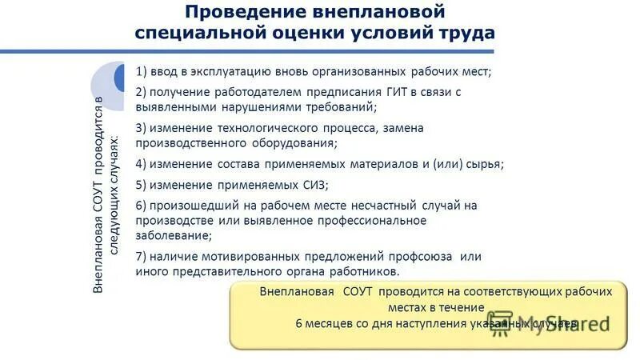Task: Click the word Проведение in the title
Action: [234, 13]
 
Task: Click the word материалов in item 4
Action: [387, 164]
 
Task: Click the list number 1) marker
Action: [142, 71]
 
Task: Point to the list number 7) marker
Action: [142, 256]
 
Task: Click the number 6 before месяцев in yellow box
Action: [299, 323]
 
